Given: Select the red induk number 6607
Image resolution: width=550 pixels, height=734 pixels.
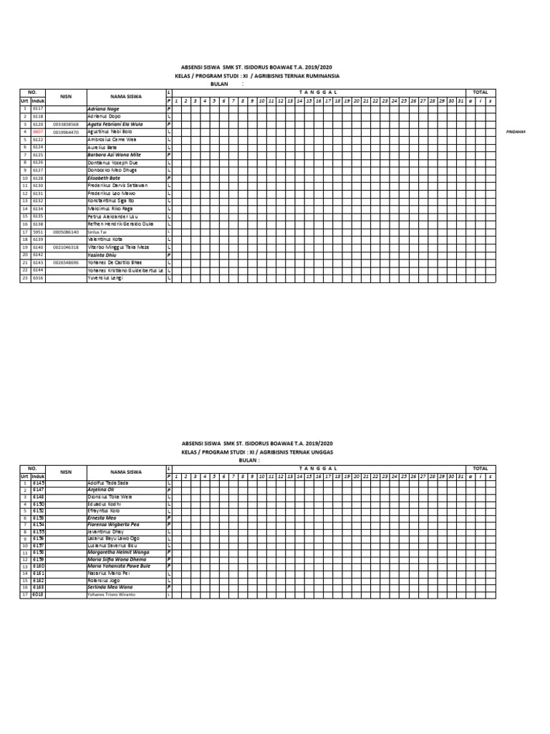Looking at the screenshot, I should tap(38, 132).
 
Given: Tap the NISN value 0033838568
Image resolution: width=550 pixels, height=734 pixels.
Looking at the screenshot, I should tap(66, 124).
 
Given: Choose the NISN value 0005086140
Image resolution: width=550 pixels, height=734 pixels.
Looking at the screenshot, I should tap(66, 232).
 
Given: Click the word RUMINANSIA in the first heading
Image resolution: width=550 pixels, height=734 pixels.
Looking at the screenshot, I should tap(321, 75).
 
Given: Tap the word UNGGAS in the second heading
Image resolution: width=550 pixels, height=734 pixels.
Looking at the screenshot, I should tap(318, 452).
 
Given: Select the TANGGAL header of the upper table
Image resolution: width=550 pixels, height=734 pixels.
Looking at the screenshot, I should tap(318, 92).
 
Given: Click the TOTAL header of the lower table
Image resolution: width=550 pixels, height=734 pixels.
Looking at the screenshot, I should tap(480, 470).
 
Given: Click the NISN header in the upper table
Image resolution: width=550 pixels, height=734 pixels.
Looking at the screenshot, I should tap(66, 96).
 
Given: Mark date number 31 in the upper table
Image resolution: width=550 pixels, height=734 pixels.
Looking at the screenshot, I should tap(460, 100).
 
